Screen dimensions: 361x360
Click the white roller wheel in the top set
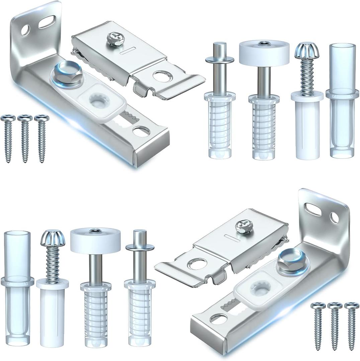coord(264,50)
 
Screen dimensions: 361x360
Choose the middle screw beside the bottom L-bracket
coord(335,325)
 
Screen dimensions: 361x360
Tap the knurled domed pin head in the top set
coord(306,50)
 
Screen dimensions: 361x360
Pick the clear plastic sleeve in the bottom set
coord(17,287)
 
